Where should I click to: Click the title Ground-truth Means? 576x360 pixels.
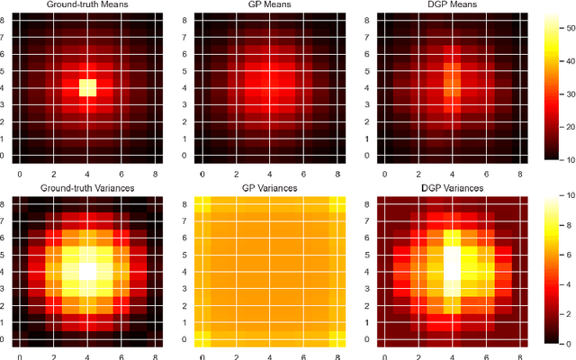pyautogui.click(x=87, y=5)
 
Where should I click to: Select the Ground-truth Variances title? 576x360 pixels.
pyautogui.click(x=87, y=187)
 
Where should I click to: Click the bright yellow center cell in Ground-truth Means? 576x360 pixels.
pyautogui.click(x=87, y=87)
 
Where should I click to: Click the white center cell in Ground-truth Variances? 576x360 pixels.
pyautogui.click(x=87, y=269)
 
